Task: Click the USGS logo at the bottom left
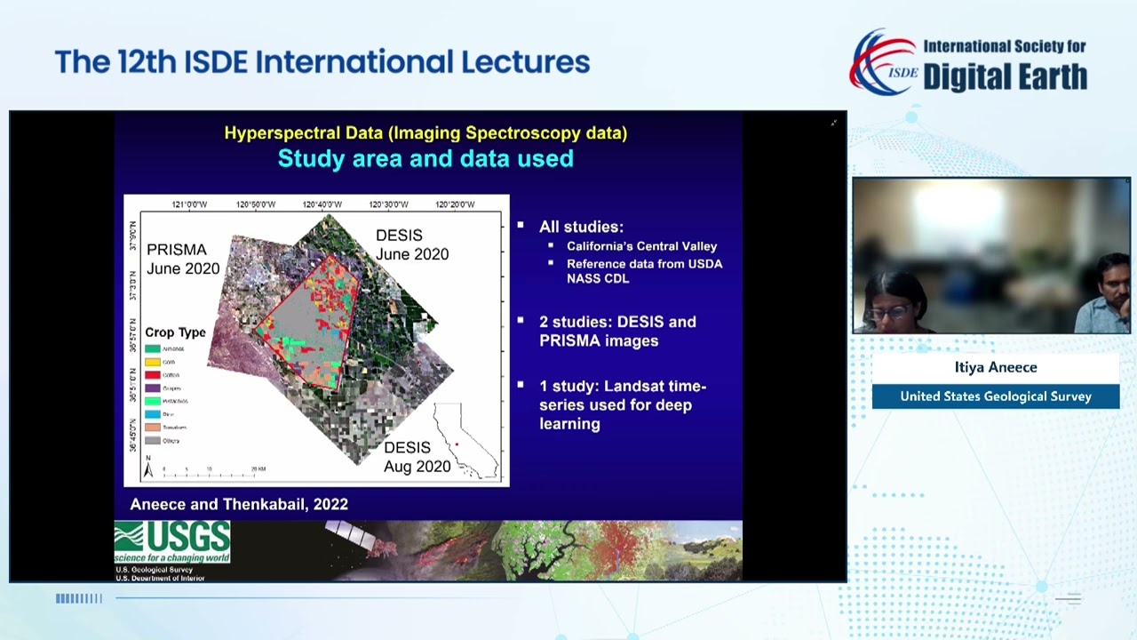tap(172, 542)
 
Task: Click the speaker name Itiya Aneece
tap(995, 367)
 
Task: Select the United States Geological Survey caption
tap(995, 396)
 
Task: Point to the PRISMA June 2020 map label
tap(183, 259)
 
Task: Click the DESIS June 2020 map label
tap(411, 244)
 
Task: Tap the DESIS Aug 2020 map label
tap(417, 457)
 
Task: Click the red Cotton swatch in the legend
tap(153, 375)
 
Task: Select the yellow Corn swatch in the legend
tap(153, 362)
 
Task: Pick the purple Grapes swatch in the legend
tap(153, 388)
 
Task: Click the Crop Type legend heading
tap(175, 332)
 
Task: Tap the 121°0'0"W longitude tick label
tap(189, 204)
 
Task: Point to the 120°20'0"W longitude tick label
tap(455, 204)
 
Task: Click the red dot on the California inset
tap(457, 444)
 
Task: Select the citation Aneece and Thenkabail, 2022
tap(239, 504)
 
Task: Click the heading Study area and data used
tap(425, 158)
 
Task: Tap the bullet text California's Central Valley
tap(641, 246)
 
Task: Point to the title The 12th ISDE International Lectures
tap(322, 61)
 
